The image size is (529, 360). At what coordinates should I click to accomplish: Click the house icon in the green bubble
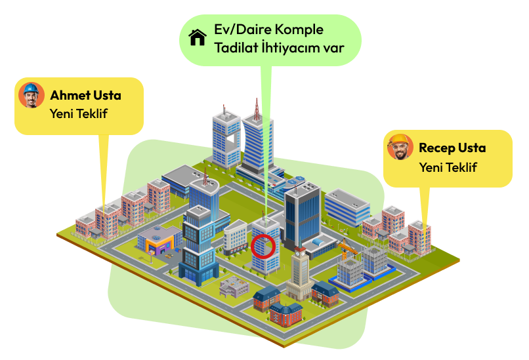click(198, 37)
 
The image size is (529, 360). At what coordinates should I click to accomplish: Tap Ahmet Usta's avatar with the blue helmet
click(31, 95)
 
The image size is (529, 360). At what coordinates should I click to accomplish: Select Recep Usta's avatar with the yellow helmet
click(400, 148)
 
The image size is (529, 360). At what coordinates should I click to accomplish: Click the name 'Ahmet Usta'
click(85, 96)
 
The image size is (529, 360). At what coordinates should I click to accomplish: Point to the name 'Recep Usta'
click(452, 148)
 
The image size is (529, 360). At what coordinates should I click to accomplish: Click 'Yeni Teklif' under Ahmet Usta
click(78, 113)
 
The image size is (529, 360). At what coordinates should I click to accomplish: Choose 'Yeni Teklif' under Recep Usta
click(448, 167)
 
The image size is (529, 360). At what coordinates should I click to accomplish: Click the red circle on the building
click(264, 247)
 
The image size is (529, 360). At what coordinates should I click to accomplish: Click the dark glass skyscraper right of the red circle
click(302, 213)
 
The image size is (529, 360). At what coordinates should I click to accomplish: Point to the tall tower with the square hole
click(226, 139)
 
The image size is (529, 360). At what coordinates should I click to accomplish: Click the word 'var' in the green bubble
click(333, 47)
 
